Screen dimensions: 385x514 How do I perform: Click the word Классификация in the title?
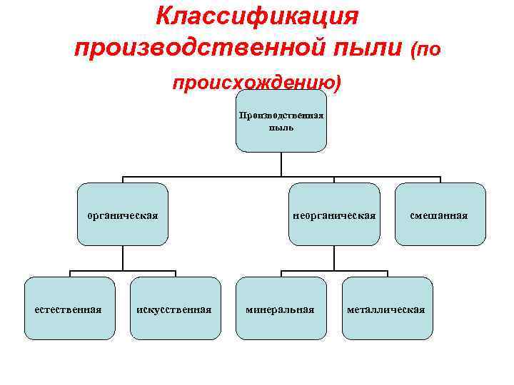coord(257,16)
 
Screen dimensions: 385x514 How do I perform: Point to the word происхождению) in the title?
coord(257,84)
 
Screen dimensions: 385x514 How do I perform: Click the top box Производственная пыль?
coord(281,121)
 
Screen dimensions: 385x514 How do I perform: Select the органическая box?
coord(123,215)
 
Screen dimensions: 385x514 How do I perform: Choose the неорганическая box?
coord(334,215)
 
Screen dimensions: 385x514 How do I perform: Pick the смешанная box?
coord(440,215)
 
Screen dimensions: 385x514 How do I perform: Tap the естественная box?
coord(69,308)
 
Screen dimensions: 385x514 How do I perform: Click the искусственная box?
coord(176,308)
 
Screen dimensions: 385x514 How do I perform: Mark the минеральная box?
coord(281,308)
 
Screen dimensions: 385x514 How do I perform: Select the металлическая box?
coord(387,308)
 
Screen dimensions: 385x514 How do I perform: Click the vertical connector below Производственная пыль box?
coord(281,164)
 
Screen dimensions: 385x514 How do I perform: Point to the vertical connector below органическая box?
coord(123,258)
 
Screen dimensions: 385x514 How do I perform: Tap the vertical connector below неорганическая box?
coord(334,258)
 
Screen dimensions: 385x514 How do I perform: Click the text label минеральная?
coord(280,310)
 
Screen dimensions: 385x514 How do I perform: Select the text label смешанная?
coord(439,215)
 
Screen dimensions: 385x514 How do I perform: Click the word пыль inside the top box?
coord(281,128)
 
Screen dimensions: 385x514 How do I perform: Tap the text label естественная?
coord(69,309)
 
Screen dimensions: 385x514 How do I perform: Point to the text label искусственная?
coord(174,310)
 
